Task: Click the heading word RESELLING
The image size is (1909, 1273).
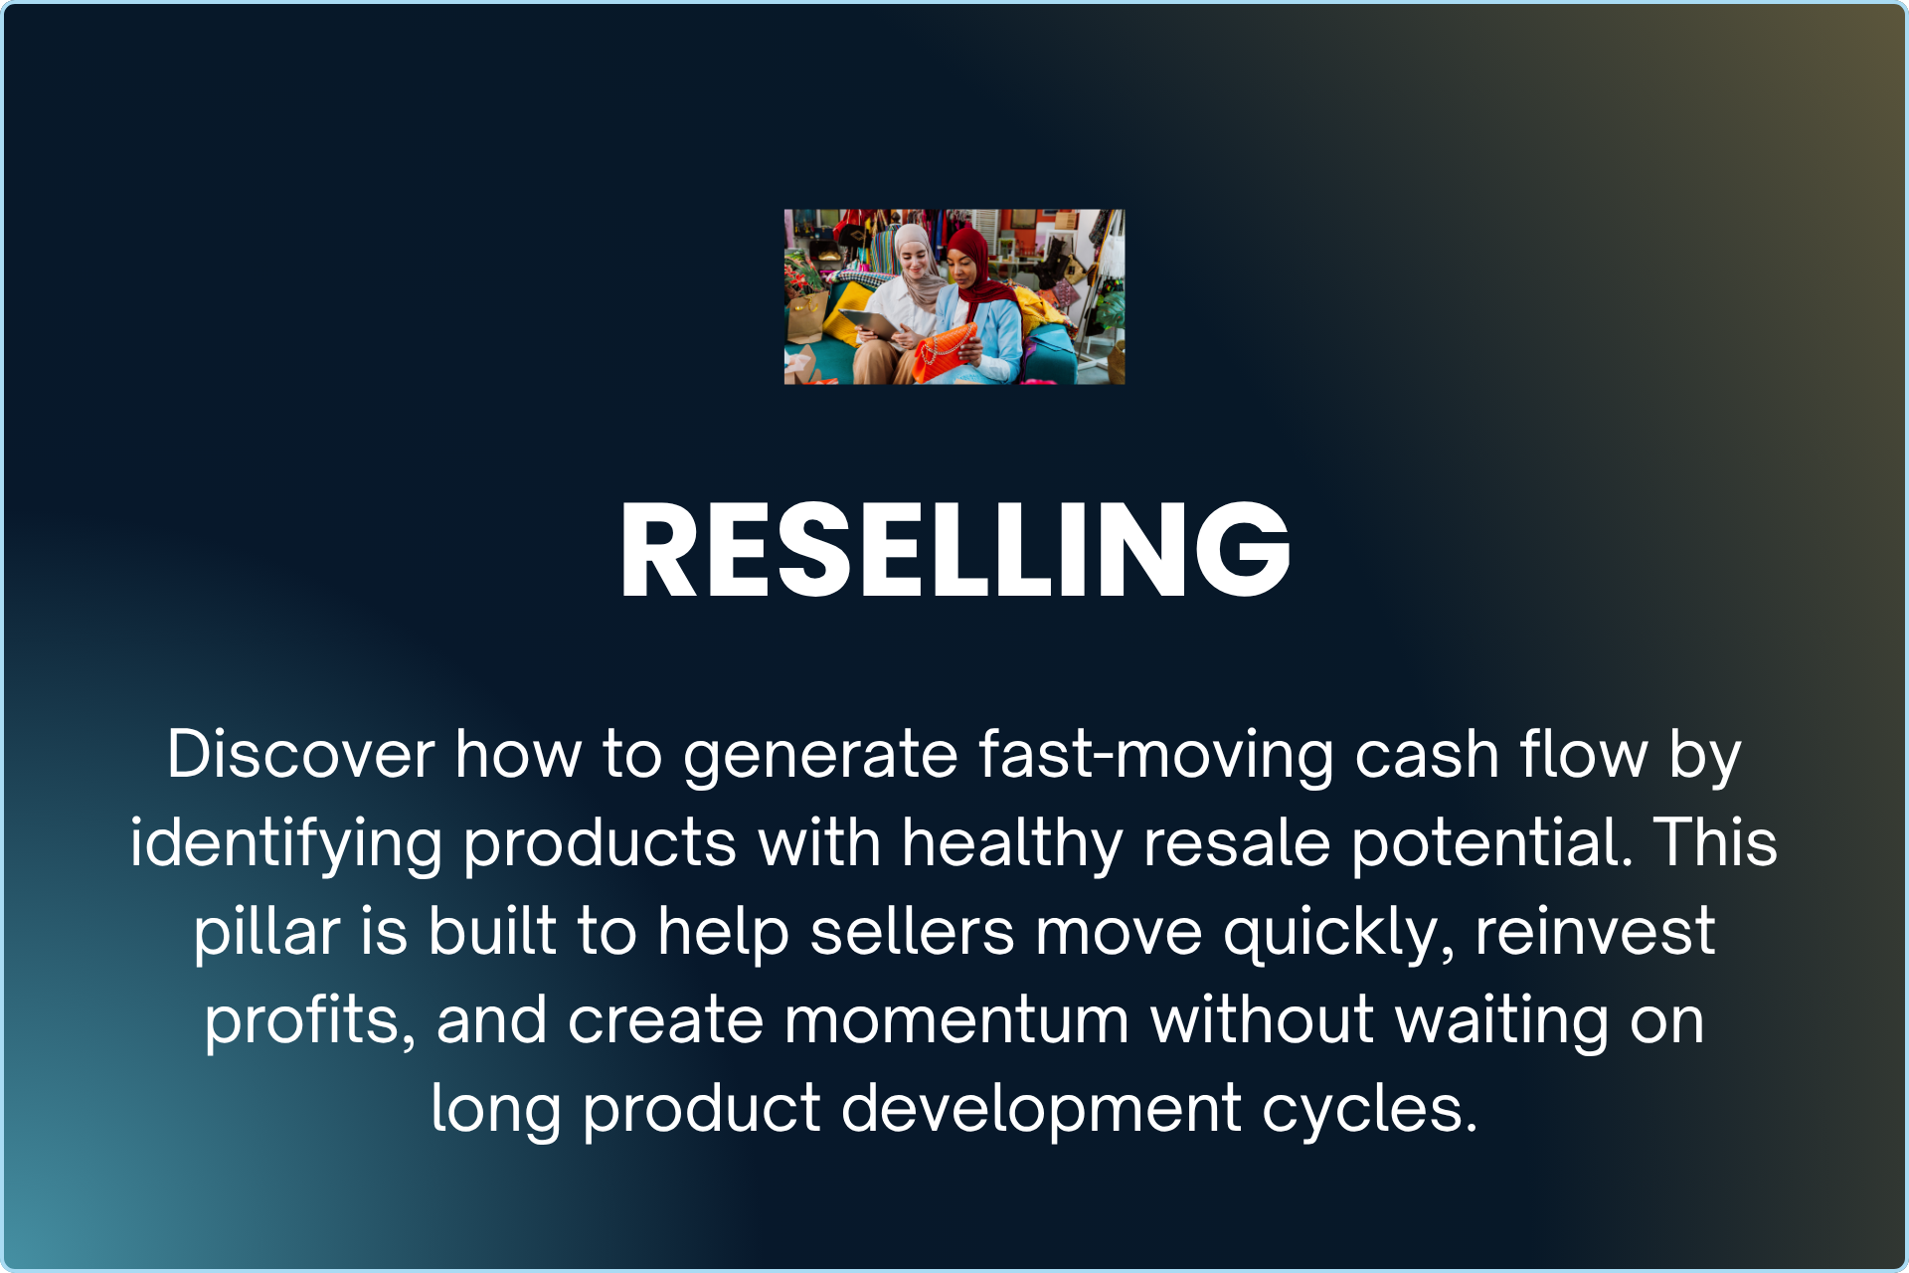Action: (x=954, y=550)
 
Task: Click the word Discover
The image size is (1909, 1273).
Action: (x=300, y=754)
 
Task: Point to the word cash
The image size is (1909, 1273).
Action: (x=1427, y=754)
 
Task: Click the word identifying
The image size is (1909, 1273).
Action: (x=286, y=843)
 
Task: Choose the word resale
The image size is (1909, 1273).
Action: (x=1237, y=843)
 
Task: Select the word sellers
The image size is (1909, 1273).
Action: (x=913, y=933)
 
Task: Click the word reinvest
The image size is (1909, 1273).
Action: (x=1596, y=933)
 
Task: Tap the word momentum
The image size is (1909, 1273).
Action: (x=956, y=1021)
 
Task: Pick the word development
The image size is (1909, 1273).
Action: (x=1042, y=1110)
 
